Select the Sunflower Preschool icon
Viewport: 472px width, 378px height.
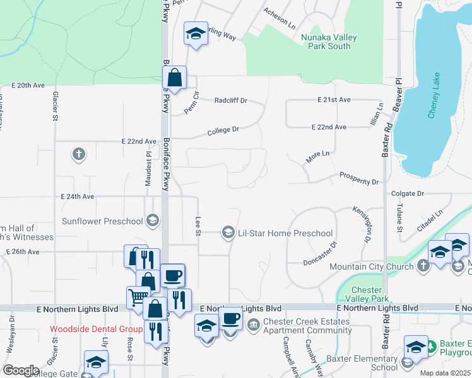(x=151, y=220)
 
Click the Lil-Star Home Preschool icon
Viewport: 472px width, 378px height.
(x=228, y=233)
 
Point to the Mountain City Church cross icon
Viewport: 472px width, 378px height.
(x=423, y=266)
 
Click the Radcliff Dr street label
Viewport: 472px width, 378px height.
(x=231, y=100)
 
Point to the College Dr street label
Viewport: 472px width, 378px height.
(x=224, y=130)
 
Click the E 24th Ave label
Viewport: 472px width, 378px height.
(x=78, y=197)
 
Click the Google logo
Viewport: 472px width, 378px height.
(x=21, y=370)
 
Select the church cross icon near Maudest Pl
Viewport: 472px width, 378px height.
(x=78, y=154)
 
